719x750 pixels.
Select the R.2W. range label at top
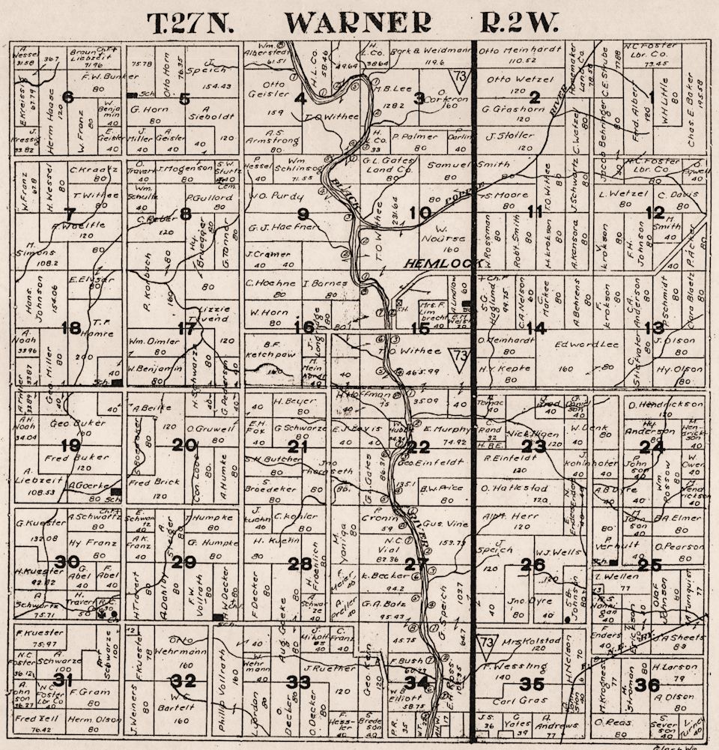coord(518,24)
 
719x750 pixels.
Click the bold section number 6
coord(68,97)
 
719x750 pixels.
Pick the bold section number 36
coord(648,685)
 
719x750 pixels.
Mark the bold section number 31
coord(63,680)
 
